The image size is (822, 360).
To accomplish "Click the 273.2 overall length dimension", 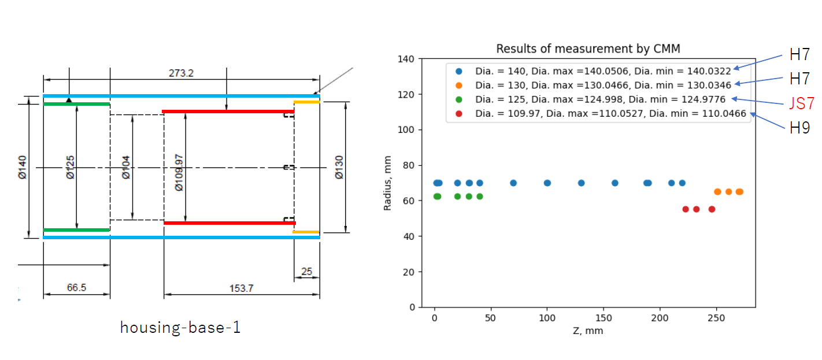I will (181, 73).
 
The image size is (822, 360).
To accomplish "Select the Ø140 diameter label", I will (22, 166).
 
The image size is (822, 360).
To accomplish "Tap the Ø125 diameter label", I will (70, 166).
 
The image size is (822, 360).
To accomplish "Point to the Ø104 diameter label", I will (126, 166).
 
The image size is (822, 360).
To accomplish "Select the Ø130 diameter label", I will (339, 166).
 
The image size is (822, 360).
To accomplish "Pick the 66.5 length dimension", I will (76, 287).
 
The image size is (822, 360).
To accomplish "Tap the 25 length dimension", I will (306, 271).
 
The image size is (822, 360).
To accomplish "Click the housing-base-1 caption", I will (180, 328).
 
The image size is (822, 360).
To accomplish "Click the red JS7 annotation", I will (802, 104).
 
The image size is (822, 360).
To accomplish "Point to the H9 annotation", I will (800, 128).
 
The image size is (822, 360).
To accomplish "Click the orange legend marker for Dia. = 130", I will (459, 86).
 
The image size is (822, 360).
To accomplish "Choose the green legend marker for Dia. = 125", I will (459, 99).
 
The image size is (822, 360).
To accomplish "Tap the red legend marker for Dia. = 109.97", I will (459, 114).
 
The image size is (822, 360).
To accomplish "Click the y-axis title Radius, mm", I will (388, 183).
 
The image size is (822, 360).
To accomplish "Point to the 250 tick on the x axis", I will (717, 317).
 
